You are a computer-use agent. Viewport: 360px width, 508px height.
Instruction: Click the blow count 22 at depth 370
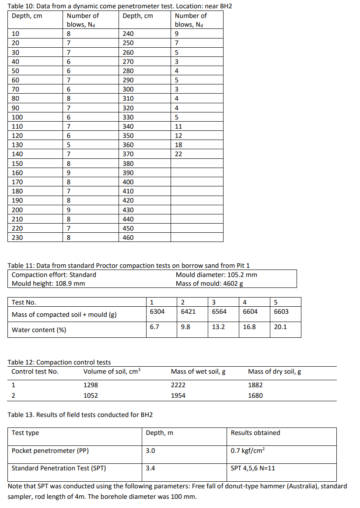[178, 154]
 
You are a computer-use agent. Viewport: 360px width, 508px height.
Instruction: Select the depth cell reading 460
[128, 238]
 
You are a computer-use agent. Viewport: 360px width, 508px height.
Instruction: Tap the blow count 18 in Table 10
[178, 145]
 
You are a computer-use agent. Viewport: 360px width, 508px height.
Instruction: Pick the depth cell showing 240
[128, 34]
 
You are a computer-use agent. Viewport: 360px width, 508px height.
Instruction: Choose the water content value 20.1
[280, 326]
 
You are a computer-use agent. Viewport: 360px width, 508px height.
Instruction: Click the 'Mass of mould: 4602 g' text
[209, 283]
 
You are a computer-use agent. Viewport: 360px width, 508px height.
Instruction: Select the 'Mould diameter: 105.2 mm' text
[216, 275]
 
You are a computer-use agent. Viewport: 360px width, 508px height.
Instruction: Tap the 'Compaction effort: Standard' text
[54, 275]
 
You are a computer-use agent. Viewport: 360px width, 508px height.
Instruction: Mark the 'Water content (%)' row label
[39, 330]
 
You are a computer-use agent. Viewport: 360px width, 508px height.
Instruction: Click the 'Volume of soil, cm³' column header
[112, 372]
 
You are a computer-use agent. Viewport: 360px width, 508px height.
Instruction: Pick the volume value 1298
[91, 385]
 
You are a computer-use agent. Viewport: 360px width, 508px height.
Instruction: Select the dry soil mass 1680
[255, 396]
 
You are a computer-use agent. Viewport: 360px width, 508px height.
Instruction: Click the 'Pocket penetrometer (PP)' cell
[46, 451]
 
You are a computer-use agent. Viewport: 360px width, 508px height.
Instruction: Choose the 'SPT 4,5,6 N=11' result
[253, 468]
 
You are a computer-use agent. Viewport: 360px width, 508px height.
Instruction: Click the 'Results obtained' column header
[255, 433]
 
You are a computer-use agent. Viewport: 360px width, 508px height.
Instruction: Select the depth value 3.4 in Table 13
[150, 468]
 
